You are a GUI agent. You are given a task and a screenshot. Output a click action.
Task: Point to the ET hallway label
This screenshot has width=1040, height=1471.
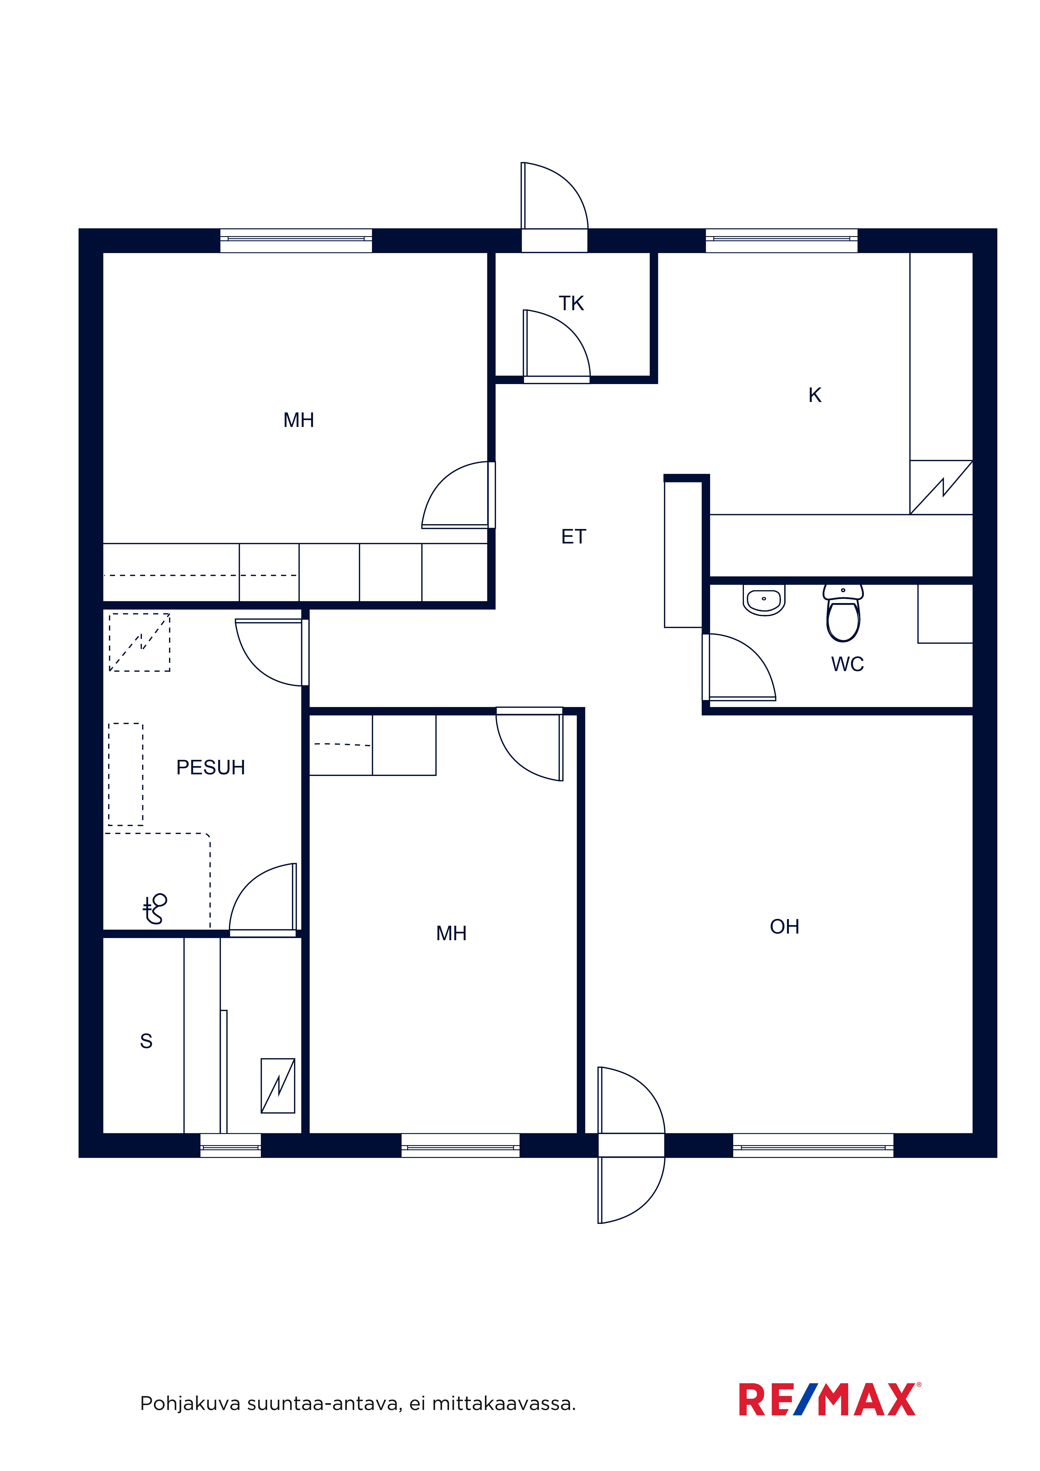(x=573, y=537)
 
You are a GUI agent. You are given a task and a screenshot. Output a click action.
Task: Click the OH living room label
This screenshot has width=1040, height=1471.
(x=784, y=927)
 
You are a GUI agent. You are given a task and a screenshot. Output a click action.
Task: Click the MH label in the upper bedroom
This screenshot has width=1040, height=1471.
(x=299, y=420)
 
